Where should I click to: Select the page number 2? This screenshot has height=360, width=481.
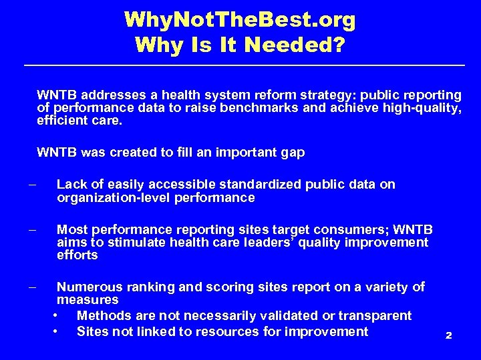449,335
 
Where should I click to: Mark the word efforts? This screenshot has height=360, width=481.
77,255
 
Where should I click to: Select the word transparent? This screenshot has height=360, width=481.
375,315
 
